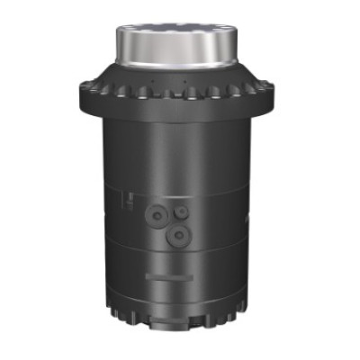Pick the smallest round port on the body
[182, 211]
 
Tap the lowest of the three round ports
[179, 233]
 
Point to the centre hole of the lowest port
[179, 233]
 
